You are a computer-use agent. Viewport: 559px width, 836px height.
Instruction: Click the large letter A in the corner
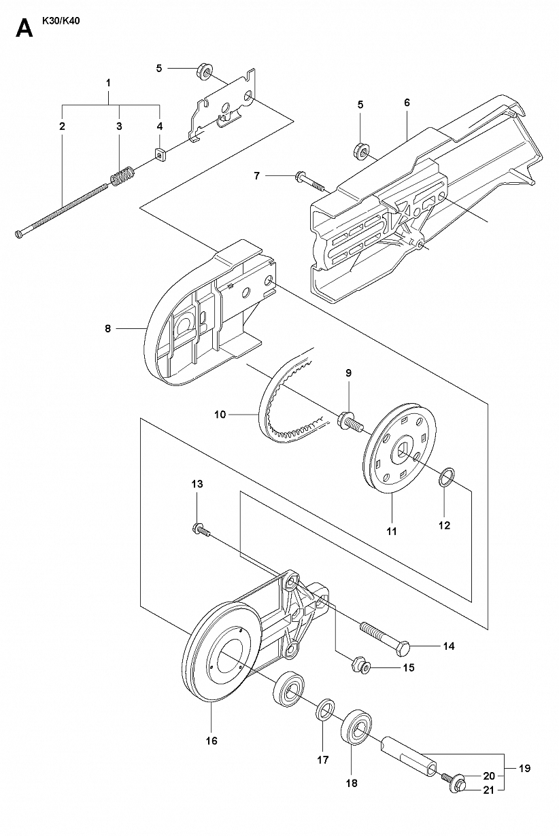pos(24,29)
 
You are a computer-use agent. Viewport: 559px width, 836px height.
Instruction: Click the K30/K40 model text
pos(61,21)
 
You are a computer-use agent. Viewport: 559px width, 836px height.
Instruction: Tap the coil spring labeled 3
pos(122,175)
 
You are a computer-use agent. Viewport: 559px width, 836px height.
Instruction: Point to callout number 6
pos(407,102)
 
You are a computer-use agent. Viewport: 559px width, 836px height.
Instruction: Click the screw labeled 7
pos(310,182)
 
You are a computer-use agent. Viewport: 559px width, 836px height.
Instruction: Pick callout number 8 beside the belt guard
pos(108,328)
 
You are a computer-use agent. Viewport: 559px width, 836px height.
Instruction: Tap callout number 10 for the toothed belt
pos(220,414)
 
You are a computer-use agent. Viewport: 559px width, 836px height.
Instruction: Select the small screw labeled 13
pos(201,531)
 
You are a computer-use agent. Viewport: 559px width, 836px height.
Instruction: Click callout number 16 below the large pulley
pos(211,740)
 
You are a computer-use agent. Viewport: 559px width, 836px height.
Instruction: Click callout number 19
pos(524,768)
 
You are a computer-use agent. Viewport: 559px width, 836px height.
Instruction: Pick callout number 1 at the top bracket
pos(108,82)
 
